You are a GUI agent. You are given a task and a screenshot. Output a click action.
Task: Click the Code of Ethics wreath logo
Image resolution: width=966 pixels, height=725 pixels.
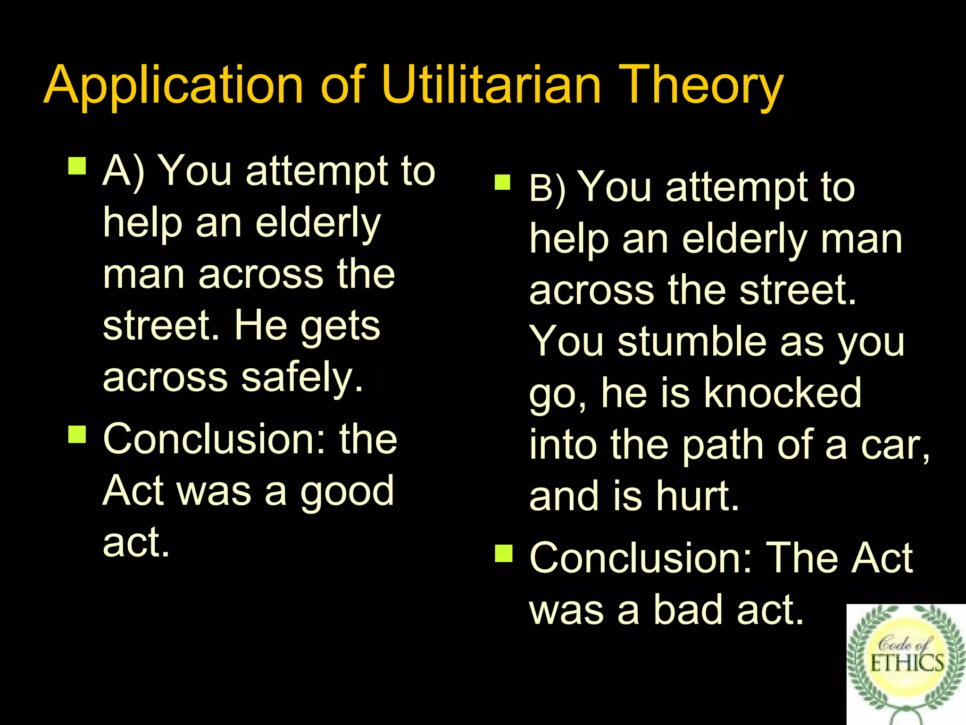(906, 663)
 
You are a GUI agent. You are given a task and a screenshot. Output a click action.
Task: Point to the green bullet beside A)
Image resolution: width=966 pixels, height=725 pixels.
(77, 166)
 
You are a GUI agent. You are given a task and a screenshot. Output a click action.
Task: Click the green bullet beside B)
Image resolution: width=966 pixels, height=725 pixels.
(503, 182)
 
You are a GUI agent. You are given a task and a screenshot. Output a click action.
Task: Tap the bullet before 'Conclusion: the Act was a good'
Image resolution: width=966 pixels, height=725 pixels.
(77, 434)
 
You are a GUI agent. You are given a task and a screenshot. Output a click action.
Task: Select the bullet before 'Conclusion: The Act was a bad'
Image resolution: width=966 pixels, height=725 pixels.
(503, 553)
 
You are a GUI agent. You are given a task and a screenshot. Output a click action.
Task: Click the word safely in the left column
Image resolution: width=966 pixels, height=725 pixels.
(302, 378)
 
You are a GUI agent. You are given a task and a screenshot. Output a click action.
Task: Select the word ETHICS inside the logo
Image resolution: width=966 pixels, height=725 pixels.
(907, 663)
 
